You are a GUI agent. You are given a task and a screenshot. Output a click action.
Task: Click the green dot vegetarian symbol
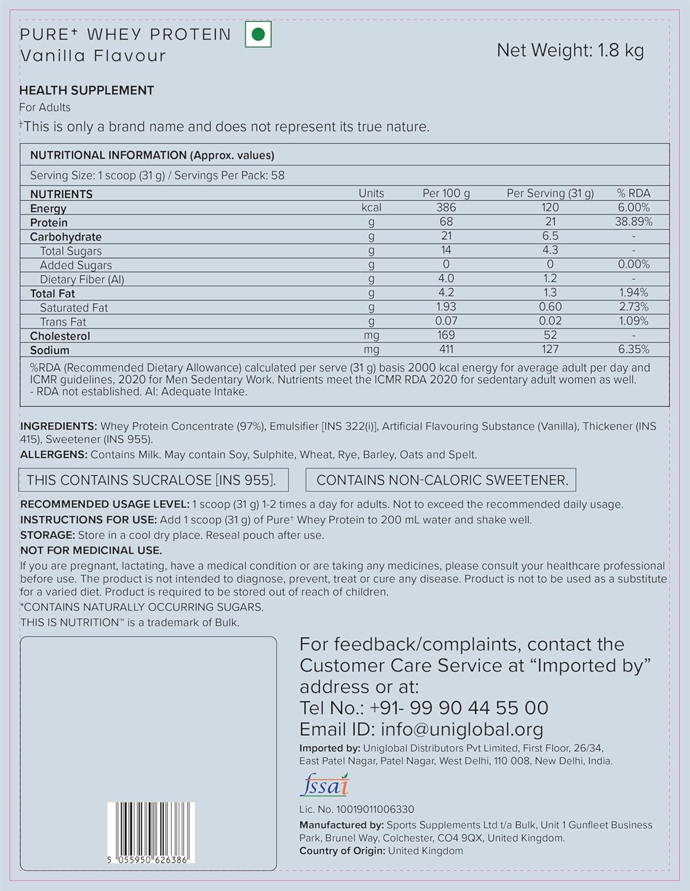click(x=258, y=34)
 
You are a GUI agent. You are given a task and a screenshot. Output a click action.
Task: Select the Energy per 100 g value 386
click(x=446, y=207)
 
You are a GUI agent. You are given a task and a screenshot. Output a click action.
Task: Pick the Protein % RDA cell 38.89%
click(x=634, y=222)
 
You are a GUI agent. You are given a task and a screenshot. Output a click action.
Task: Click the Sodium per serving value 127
click(x=550, y=349)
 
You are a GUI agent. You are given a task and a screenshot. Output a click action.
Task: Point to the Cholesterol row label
click(x=60, y=336)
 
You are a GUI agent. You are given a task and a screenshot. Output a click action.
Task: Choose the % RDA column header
click(x=634, y=193)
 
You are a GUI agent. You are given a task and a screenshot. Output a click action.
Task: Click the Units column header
click(x=371, y=193)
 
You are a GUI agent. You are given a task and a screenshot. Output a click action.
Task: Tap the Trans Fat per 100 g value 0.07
click(x=446, y=321)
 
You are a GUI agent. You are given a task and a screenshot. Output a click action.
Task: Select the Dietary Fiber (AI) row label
click(x=82, y=279)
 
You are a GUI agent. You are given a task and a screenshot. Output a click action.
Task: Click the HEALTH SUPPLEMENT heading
click(x=87, y=90)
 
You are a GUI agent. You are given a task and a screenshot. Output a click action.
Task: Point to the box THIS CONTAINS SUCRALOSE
click(x=154, y=480)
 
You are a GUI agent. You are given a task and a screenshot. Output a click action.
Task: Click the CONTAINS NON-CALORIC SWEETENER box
click(x=441, y=480)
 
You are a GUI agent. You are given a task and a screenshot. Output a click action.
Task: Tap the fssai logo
click(x=324, y=785)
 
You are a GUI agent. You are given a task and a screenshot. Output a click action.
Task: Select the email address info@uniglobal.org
click(x=461, y=729)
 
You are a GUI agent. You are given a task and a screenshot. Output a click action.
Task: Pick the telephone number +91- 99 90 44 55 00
click(x=458, y=707)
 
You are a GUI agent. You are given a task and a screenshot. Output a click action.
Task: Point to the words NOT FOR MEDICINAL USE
click(x=91, y=551)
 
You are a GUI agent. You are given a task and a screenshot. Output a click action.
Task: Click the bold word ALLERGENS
click(x=53, y=455)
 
